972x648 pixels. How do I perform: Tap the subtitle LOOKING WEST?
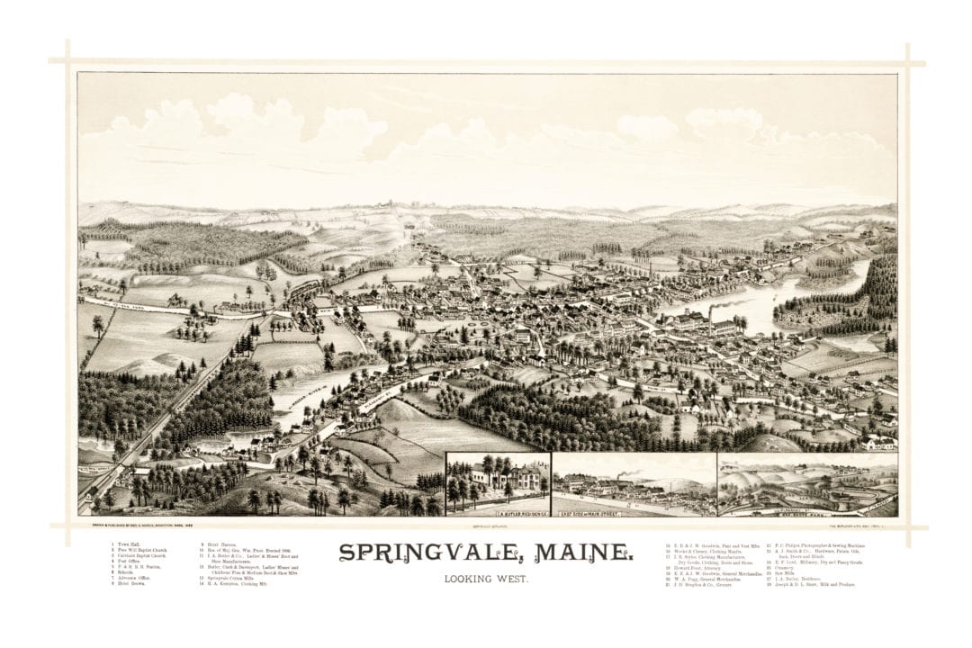486,579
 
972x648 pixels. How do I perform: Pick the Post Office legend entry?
122,562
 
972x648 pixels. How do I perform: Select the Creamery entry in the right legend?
781,567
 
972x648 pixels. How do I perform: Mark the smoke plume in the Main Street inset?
630,472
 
